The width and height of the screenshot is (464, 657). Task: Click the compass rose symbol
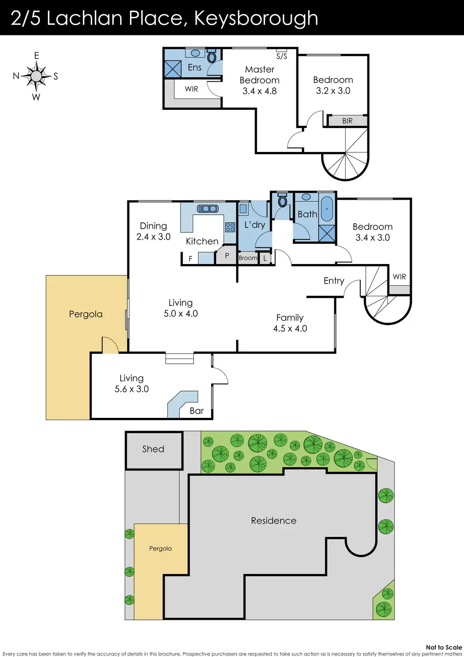click(36, 76)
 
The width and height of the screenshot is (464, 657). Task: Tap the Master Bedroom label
click(260, 75)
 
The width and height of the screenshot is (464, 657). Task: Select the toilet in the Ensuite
click(212, 57)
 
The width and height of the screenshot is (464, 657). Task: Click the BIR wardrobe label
click(347, 121)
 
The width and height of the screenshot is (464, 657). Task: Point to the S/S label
click(281, 56)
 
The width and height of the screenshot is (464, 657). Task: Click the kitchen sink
click(208, 209)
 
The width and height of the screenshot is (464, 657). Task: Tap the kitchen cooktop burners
click(230, 227)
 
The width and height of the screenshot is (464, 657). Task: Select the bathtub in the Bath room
click(327, 209)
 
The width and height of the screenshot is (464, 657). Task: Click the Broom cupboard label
click(248, 258)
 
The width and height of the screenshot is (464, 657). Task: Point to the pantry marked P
click(227, 256)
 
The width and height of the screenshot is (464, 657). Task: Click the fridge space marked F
click(190, 259)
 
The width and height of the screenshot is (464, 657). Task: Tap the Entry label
click(334, 281)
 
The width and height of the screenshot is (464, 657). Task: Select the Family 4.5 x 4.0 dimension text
click(290, 328)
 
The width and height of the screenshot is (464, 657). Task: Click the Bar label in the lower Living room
click(197, 411)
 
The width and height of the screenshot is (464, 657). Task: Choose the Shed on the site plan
click(154, 449)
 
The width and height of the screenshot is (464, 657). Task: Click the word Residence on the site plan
click(274, 520)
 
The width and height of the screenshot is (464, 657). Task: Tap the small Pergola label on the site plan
click(160, 549)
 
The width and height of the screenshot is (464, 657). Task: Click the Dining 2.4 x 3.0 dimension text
click(154, 236)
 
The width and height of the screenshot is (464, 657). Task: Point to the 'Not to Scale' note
click(444, 647)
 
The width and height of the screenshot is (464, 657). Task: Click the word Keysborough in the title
click(256, 18)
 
